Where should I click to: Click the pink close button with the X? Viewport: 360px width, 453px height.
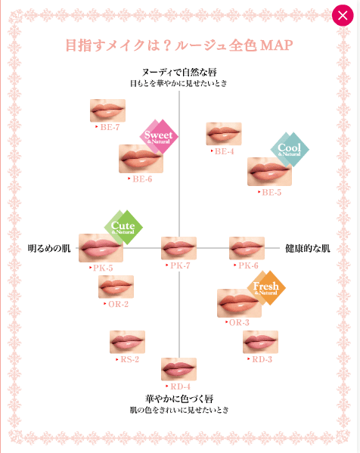[343, 15]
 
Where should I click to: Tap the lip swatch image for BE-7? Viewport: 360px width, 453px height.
[107, 110]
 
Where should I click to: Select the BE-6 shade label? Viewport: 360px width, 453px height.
[140, 179]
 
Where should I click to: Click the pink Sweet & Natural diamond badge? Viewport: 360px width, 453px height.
[159, 137]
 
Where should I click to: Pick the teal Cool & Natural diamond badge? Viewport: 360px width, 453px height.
[290, 150]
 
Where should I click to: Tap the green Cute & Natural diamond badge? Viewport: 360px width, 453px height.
[123, 228]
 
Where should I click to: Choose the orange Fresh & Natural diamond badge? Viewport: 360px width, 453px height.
[266, 287]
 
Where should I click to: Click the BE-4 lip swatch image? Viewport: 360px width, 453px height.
[224, 133]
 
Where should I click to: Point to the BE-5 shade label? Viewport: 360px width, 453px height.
[269, 192]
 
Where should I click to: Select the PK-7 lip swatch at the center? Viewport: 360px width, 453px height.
[178, 248]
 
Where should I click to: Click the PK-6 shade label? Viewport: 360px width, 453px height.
[246, 265]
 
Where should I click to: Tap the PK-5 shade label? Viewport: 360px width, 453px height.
[101, 268]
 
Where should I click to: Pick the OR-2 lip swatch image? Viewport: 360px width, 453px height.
[116, 287]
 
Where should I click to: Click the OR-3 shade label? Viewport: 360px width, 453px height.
[237, 322]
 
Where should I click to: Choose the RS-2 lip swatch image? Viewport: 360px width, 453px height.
[127, 342]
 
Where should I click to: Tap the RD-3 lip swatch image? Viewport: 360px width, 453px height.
[261, 342]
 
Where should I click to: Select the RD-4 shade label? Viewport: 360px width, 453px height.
[178, 386]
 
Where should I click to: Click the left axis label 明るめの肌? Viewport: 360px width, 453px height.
[49, 248]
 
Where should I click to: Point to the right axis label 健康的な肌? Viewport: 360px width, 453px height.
[307, 248]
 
